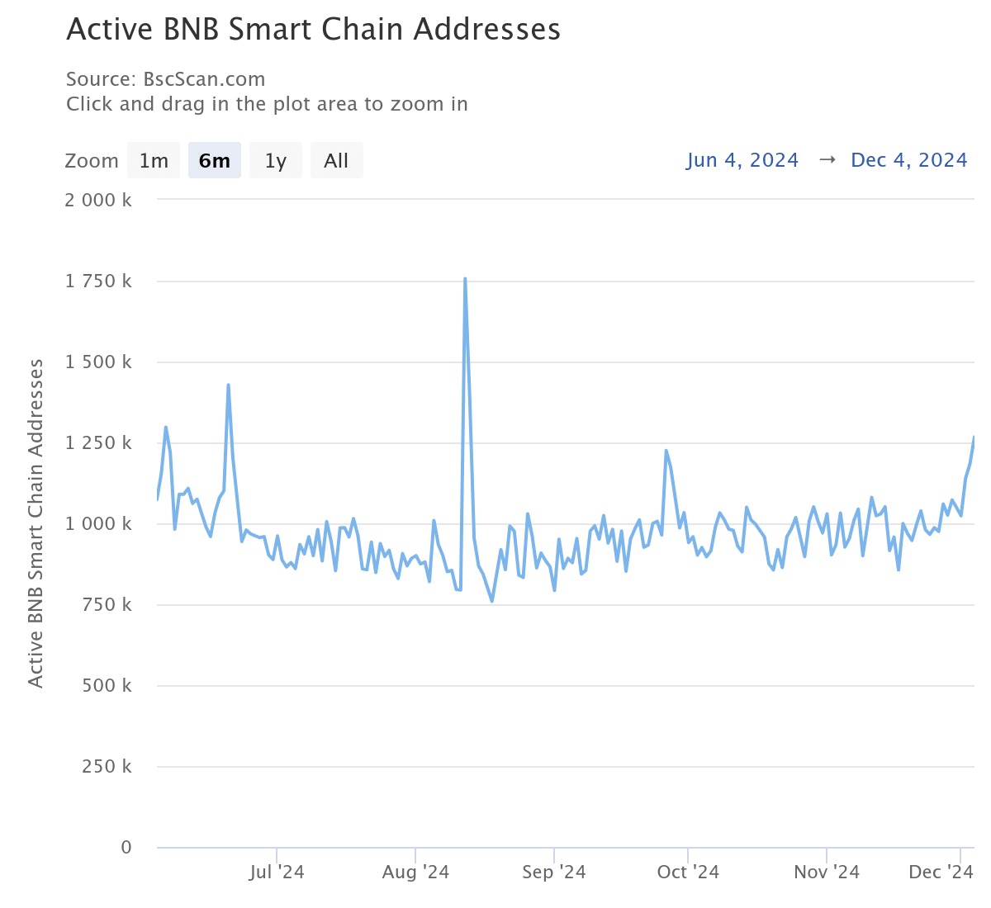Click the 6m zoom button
pyautogui.click(x=215, y=160)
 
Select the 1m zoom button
pyautogui.click(x=154, y=160)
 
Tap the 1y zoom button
pyautogui.click(x=276, y=160)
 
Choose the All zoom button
pyautogui.click(x=336, y=160)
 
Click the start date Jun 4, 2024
pyautogui.click(x=742, y=160)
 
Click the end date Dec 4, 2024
pyautogui.click(x=908, y=160)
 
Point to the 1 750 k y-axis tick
pyautogui.click(x=98, y=281)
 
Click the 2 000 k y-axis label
pyautogui.click(x=98, y=201)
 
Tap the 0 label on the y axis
pyautogui.click(x=126, y=848)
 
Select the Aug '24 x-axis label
pyautogui.click(x=415, y=873)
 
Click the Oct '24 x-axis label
pyautogui.click(x=688, y=873)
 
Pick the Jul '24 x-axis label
pyautogui.click(x=277, y=873)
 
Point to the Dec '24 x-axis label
pyautogui.click(x=941, y=873)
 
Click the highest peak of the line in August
pyautogui.click(x=465, y=279)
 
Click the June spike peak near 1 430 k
pyautogui.click(x=228, y=385)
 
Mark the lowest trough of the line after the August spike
pyautogui.click(x=492, y=601)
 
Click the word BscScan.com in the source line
pyautogui.click(x=204, y=80)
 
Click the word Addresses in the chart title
pyautogui.click(x=487, y=30)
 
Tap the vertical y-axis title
pyautogui.click(x=36, y=523)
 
